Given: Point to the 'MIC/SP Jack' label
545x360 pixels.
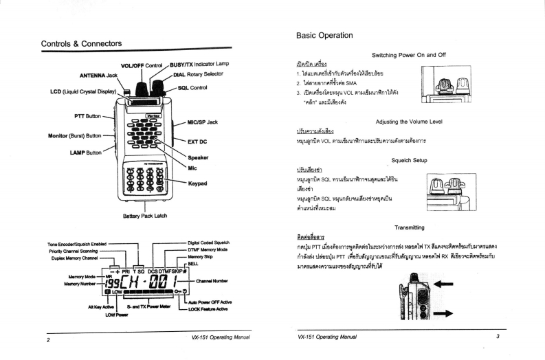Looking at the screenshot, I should point(203,122).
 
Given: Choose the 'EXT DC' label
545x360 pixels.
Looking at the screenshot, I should point(197,142).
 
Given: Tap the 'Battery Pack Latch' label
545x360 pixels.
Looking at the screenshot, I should point(146,216).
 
